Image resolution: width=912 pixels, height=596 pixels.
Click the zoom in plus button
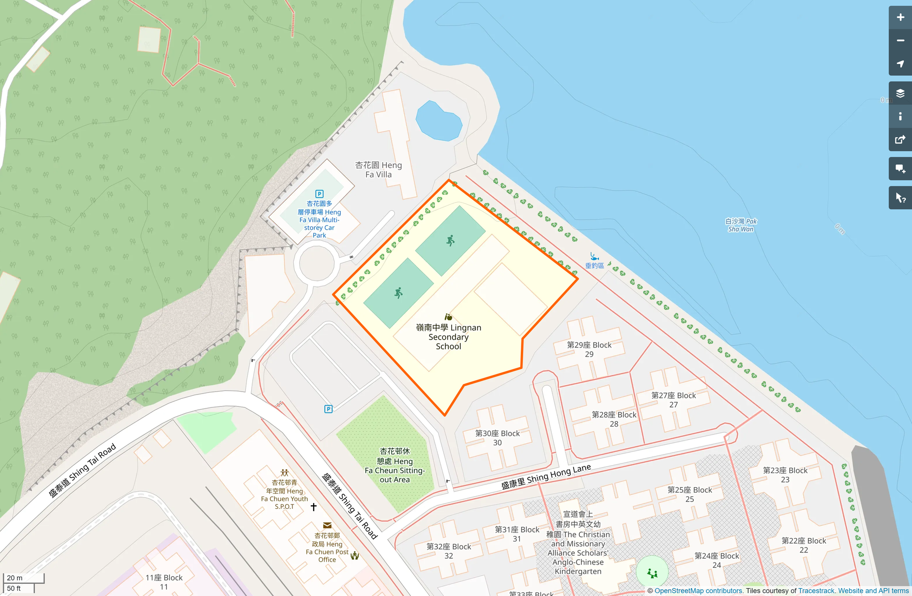(x=900, y=17)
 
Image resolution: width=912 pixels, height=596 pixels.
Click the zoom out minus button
(x=900, y=41)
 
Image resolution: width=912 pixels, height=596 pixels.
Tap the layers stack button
(x=900, y=93)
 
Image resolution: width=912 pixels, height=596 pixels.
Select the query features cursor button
(x=900, y=198)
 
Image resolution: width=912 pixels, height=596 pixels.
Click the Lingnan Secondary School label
(x=448, y=337)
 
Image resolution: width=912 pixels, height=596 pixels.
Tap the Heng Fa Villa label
(x=379, y=170)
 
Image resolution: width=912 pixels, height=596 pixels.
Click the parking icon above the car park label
(x=319, y=194)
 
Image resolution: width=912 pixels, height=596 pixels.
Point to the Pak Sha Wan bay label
(x=741, y=225)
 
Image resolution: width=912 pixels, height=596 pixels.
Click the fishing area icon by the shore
(x=594, y=256)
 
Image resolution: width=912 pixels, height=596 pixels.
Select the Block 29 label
(x=589, y=349)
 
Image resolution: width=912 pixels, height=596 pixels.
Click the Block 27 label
(x=673, y=400)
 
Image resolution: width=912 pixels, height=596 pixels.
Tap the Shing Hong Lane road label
(x=546, y=477)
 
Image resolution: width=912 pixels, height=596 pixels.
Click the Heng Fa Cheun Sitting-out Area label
(x=395, y=465)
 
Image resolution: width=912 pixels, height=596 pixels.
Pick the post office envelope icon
(x=327, y=525)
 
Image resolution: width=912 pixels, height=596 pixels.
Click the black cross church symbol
(x=314, y=507)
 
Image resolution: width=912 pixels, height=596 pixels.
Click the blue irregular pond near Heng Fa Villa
(x=438, y=121)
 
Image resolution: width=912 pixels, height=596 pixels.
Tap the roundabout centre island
(x=317, y=263)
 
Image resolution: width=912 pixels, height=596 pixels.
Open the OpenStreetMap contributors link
(x=698, y=591)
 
